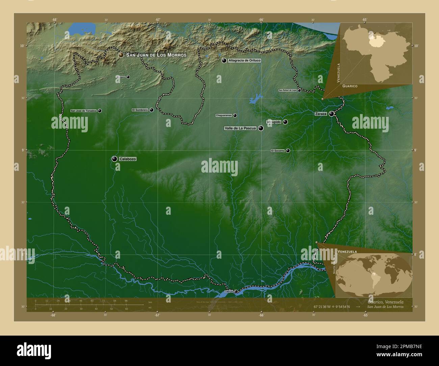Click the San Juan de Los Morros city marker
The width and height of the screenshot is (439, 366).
(x=121, y=55)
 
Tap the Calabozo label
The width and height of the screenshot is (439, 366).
(x=128, y=159)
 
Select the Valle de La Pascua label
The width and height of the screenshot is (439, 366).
(x=240, y=128)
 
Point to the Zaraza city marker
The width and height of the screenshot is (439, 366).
(x=331, y=114)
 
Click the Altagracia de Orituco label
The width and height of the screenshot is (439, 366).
(x=244, y=60)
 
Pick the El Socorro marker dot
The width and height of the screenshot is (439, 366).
(x=288, y=151)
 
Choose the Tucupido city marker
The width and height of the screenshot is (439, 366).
(x=285, y=122)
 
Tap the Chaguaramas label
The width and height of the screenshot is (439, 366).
(x=224, y=115)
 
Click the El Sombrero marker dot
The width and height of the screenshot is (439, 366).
(x=152, y=110)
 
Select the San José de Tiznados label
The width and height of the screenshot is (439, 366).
(x=83, y=111)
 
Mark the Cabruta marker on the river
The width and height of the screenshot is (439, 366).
(x=236, y=291)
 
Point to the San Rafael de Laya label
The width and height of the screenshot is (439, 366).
(x=287, y=90)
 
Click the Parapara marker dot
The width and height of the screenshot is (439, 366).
(x=128, y=77)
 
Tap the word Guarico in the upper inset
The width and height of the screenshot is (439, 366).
(x=350, y=86)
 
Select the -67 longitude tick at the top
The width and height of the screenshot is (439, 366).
(x=158, y=20)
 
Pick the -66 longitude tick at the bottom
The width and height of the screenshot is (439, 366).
(x=261, y=315)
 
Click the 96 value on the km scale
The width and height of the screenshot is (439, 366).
(x=126, y=300)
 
